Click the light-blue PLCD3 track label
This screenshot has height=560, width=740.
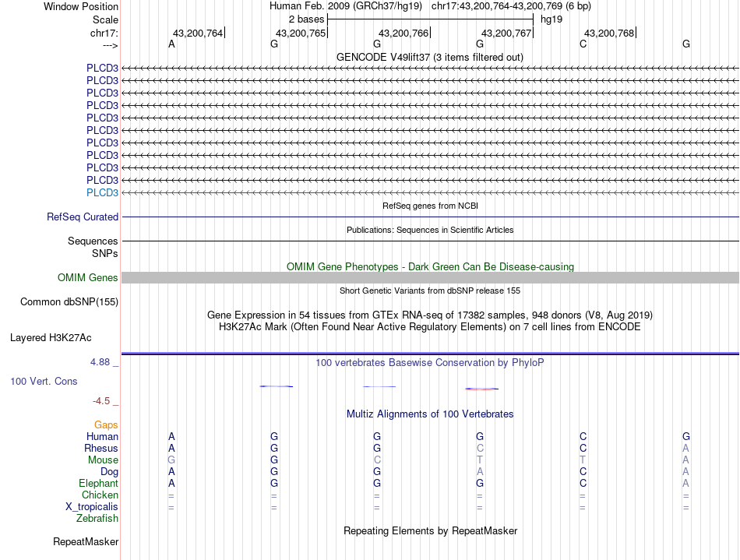tap(102, 192)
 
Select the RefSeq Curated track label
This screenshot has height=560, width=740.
tap(83, 217)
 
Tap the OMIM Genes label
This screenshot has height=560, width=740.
tap(88, 278)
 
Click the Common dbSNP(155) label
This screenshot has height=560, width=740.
tap(69, 301)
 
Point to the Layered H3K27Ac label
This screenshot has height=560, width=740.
tap(51, 338)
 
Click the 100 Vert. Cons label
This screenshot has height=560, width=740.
tap(44, 382)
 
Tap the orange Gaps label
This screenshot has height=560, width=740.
tap(106, 425)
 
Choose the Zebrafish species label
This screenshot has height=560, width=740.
tap(97, 518)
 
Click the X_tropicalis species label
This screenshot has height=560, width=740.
tap(92, 507)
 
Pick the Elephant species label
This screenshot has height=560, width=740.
tap(98, 484)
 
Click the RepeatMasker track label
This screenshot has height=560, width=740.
tap(86, 541)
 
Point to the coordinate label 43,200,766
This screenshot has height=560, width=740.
tap(403, 33)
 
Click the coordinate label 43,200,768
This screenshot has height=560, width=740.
tap(609, 33)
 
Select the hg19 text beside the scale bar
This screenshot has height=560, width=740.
tap(551, 18)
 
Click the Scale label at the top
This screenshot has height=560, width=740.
tap(105, 19)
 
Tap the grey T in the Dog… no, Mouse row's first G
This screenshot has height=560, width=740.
tap(171, 460)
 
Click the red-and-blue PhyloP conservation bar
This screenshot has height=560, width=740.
tap(481, 388)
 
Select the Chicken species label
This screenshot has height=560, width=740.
tap(100, 495)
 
